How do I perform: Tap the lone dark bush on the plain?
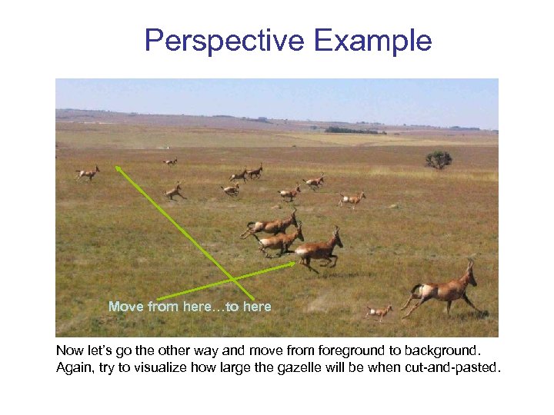[439, 159]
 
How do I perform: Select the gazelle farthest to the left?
[88, 174]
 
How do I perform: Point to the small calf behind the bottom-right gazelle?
[378, 312]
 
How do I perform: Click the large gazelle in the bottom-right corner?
[444, 290]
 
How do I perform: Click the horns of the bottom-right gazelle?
[469, 265]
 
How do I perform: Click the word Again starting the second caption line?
[74, 367]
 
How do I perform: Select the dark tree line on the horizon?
[354, 131]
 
